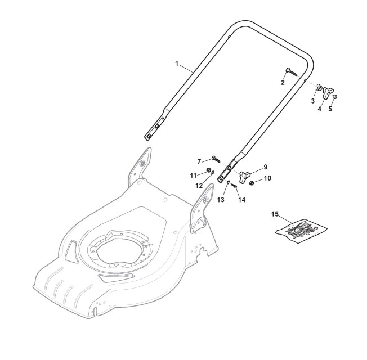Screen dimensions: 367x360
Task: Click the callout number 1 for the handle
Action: coord(177,64)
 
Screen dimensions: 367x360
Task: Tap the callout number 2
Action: coord(283,82)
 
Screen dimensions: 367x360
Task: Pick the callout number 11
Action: coord(193,175)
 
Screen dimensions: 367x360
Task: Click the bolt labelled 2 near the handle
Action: coord(291,71)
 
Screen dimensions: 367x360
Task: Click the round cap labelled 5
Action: coord(335,97)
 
